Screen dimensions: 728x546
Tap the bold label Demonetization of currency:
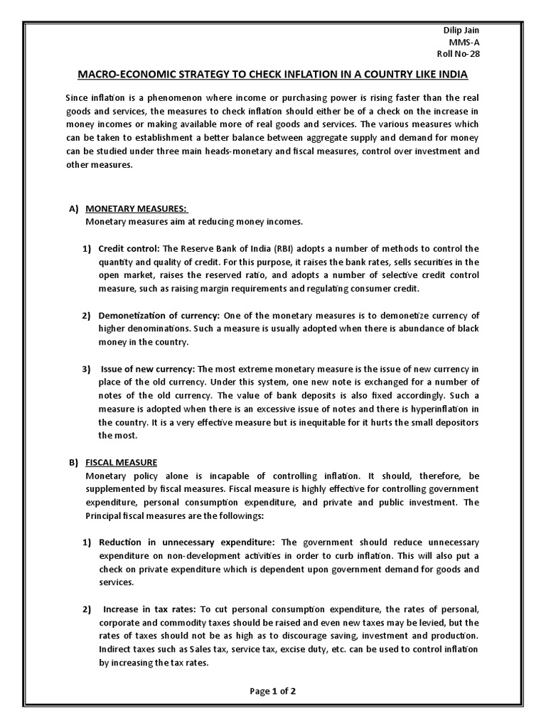[x=160, y=316]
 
